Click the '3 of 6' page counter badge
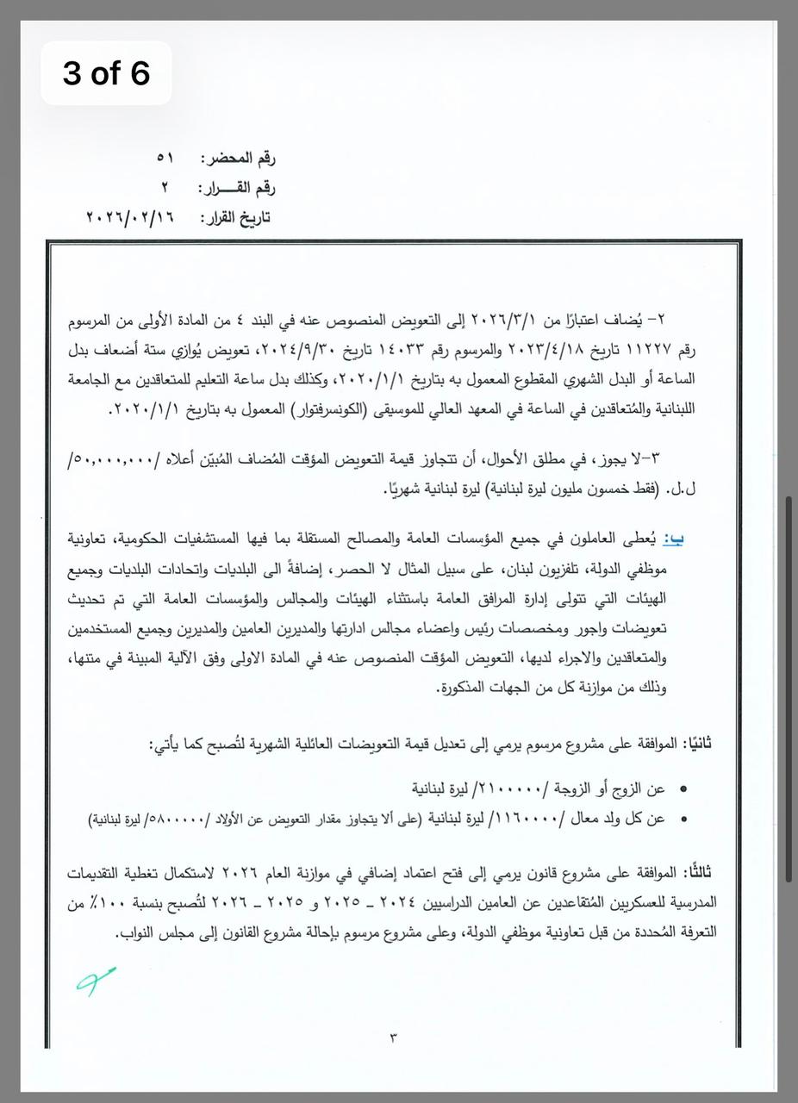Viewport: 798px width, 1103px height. pyautogui.click(x=106, y=73)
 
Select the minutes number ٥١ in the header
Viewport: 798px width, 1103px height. pyautogui.click(x=165, y=159)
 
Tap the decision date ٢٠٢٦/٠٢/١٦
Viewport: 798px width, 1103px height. pyautogui.click(x=130, y=217)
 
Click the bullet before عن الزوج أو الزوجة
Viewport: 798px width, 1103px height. pyautogui.click(x=684, y=789)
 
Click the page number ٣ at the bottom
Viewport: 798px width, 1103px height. pyautogui.click(x=394, y=1036)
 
